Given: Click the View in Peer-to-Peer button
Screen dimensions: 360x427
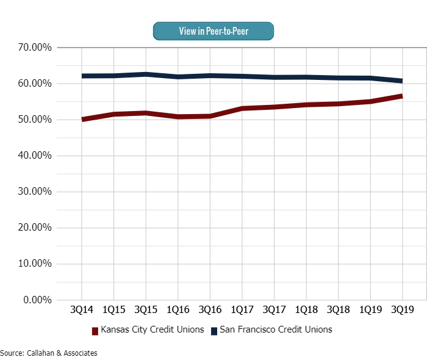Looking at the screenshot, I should (x=213, y=31).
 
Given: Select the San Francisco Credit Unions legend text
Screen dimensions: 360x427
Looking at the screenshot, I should (x=276, y=330).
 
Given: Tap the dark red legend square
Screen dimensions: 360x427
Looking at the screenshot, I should (x=95, y=331).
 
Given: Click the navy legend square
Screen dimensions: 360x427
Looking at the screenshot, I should (x=214, y=331).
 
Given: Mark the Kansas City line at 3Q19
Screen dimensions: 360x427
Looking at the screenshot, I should (x=401, y=96).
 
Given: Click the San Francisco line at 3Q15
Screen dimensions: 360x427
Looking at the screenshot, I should (x=146, y=74).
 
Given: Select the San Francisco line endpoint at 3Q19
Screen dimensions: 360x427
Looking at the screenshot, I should (x=401, y=81).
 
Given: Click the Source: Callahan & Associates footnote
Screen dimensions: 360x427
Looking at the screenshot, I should (x=49, y=353).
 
